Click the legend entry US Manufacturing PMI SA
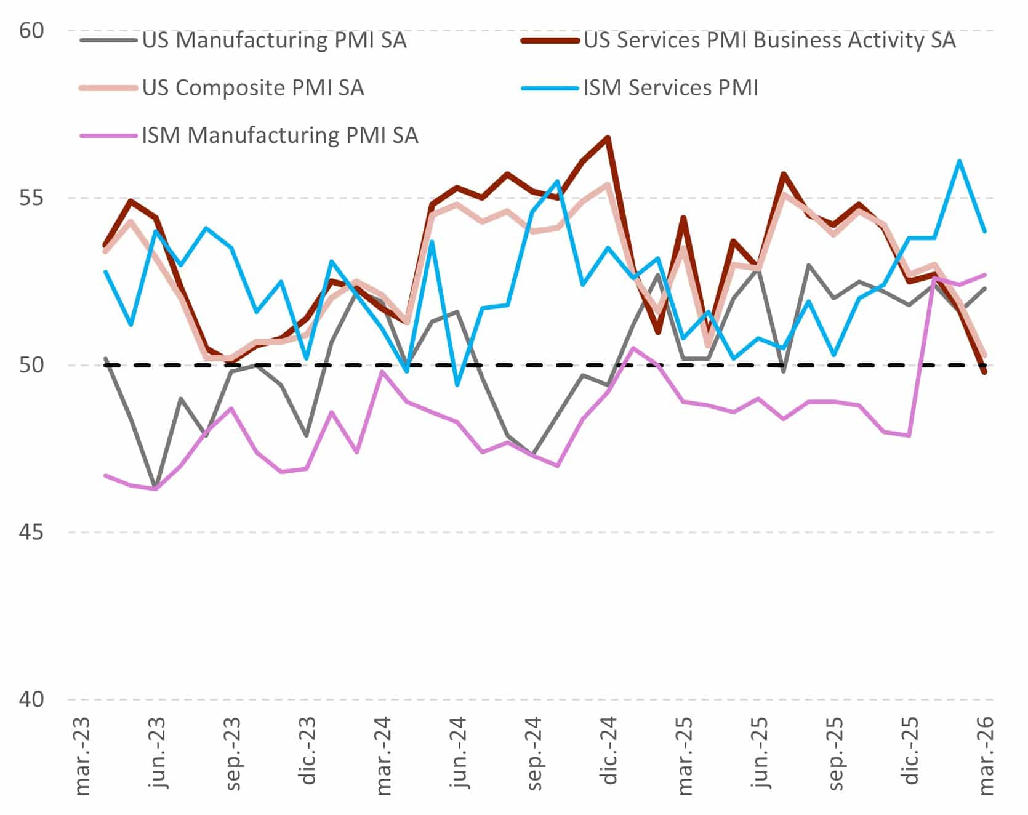(x=274, y=41)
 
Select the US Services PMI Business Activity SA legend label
(x=769, y=41)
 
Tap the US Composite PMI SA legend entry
(x=253, y=88)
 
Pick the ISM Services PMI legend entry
(x=670, y=88)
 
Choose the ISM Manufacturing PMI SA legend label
(x=280, y=135)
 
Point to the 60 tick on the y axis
(x=32, y=30)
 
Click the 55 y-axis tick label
(x=32, y=198)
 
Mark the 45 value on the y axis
(x=32, y=532)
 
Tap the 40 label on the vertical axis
(x=32, y=699)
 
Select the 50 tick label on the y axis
(x=32, y=365)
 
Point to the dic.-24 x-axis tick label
(x=609, y=752)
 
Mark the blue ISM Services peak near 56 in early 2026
(x=960, y=161)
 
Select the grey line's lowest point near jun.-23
(x=156, y=487)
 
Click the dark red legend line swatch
(x=550, y=41)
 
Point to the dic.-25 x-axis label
(x=911, y=752)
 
